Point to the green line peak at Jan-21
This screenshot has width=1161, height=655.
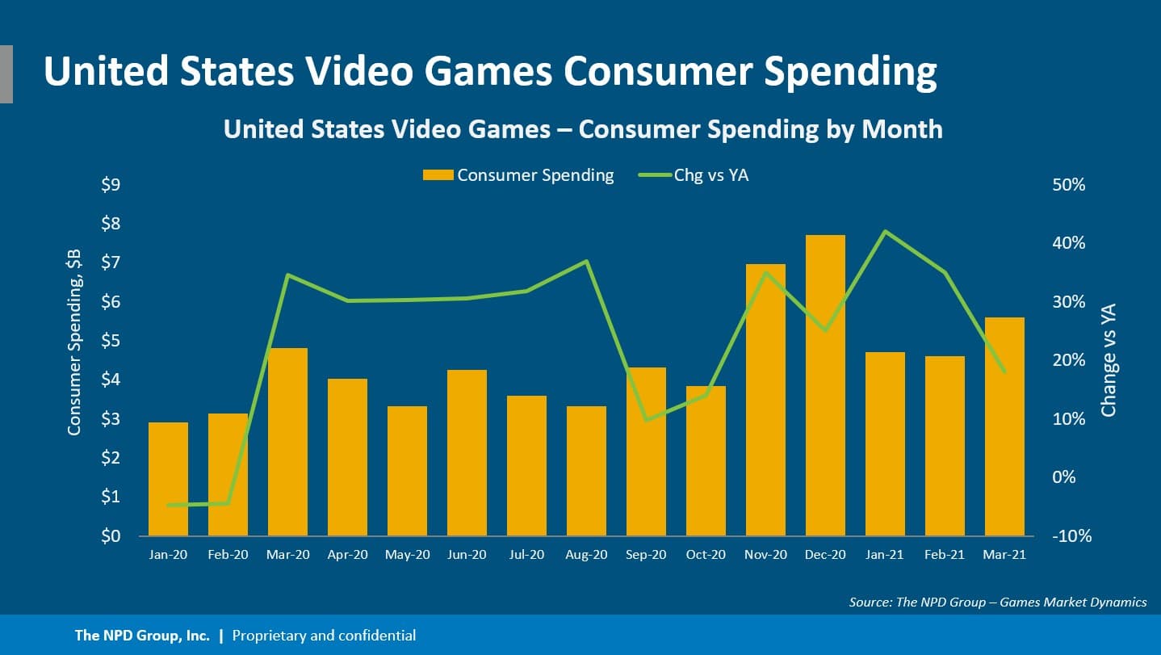[885, 232]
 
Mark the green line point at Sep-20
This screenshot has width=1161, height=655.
[646, 420]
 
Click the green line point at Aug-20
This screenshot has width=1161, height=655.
[587, 261]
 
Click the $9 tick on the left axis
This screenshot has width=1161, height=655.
[111, 185]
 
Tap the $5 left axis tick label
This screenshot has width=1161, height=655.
[111, 341]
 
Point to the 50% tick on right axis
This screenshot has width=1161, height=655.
[1071, 185]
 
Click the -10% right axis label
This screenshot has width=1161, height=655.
[1069, 536]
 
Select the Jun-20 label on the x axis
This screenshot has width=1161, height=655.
[467, 556]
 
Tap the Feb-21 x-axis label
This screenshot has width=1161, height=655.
[945, 556]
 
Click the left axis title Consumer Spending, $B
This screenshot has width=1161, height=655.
[74, 342]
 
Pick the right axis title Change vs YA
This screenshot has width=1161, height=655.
[1109, 359]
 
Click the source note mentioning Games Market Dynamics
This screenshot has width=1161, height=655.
[998, 602]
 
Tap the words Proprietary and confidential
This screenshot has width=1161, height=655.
[324, 636]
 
